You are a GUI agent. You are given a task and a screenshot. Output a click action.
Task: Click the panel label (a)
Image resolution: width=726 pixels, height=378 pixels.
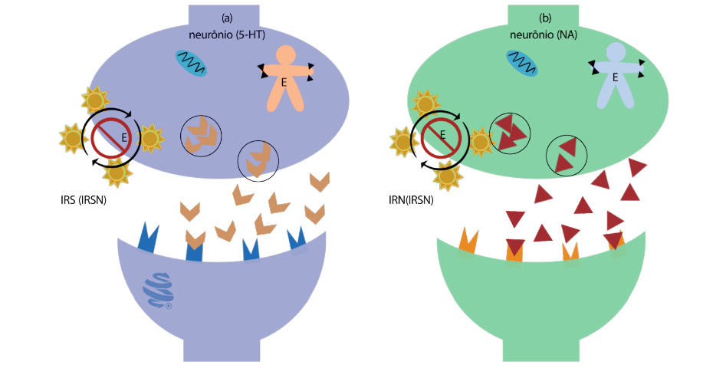coord(227,17)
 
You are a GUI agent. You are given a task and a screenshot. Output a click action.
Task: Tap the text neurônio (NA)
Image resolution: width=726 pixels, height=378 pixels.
coord(544,35)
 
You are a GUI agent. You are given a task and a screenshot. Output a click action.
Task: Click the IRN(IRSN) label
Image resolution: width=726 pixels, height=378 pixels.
coord(412,201)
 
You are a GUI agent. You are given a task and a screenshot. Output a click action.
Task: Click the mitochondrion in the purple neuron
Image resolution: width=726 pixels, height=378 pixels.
coord(192,64)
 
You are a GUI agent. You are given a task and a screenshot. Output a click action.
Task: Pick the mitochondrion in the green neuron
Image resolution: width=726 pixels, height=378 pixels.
coord(521,63)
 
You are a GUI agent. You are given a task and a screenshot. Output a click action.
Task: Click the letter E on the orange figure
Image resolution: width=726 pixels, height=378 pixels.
coord(284,83)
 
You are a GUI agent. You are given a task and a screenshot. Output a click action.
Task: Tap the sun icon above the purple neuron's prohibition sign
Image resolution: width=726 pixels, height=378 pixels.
coord(94,100)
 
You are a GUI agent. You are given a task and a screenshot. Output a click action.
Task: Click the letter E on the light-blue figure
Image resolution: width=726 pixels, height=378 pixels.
coord(616,77)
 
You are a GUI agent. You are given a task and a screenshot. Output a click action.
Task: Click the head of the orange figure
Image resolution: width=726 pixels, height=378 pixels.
coord(285,55)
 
